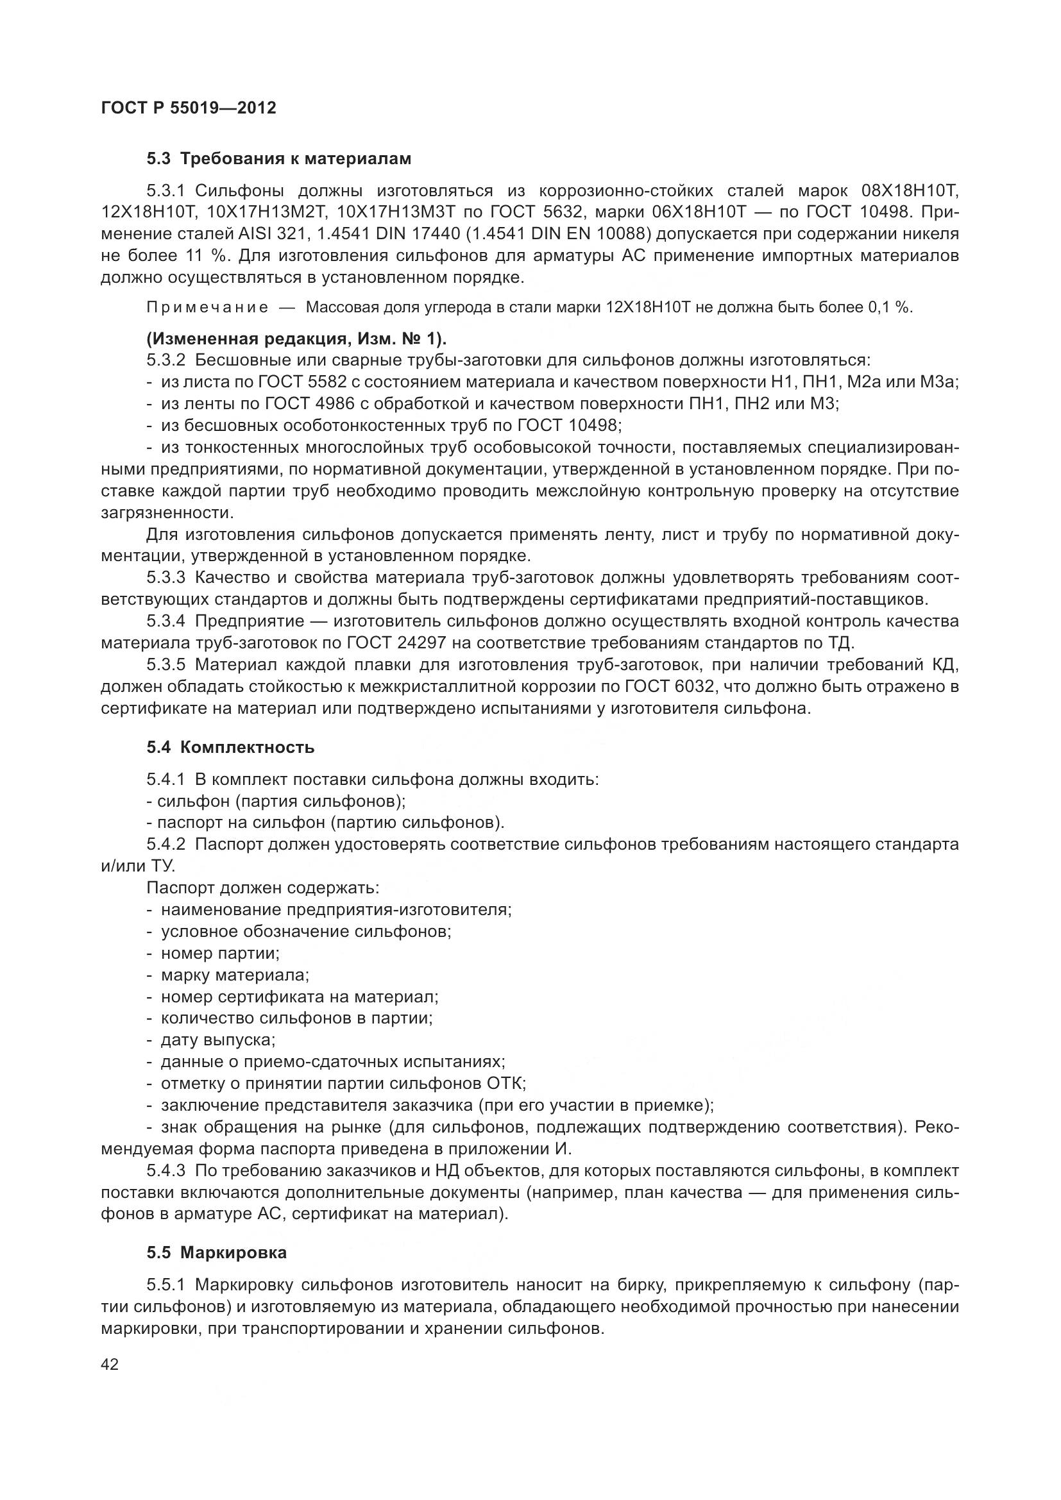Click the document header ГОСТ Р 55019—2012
[x=189, y=108]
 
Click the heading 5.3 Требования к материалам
[x=279, y=159]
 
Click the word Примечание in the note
[x=207, y=308]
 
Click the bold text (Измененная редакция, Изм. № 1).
[x=296, y=339]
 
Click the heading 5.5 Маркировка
[x=216, y=1253]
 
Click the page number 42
[x=110, y=1364]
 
